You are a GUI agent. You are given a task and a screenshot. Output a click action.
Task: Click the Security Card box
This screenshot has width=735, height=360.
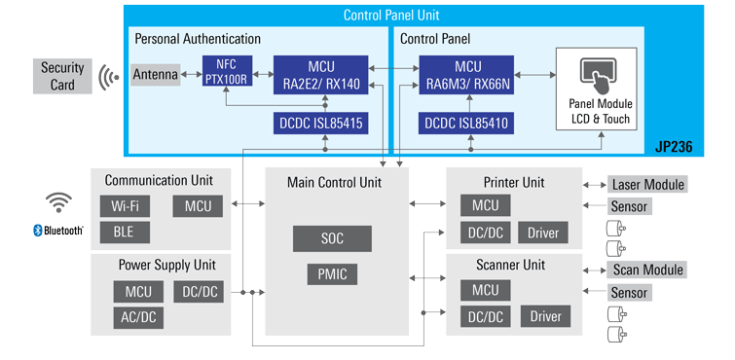(62, 76)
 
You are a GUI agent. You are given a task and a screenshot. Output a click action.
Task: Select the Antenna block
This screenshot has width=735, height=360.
(156, 75)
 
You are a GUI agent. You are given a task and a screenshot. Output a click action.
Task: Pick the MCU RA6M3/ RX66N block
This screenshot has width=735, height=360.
(464, 75)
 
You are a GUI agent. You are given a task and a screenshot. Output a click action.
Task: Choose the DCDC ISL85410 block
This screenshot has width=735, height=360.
(464, 124)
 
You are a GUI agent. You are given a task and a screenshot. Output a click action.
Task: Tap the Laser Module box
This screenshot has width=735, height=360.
(647, 185)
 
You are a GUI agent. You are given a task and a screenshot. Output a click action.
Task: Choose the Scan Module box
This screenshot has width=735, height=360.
(647, 270)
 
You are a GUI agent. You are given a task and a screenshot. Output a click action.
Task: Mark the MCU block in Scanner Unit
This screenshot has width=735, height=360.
(485, 291)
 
